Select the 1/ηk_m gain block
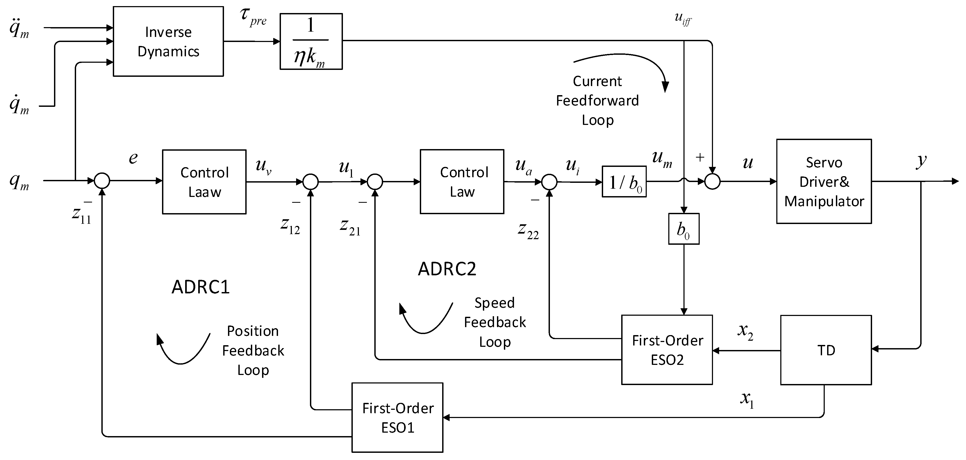(x=311, y=41)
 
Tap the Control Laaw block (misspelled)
(x=204, y=182)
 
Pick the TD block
(x=826, y=350)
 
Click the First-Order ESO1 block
(x=397, y=417)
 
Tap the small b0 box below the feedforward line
(x=684, y=229)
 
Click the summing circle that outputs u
(x=712, y=182)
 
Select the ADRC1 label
(x=200, y=287)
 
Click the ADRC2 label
(x=447, y=269)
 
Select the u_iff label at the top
(x=682, y=19)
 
